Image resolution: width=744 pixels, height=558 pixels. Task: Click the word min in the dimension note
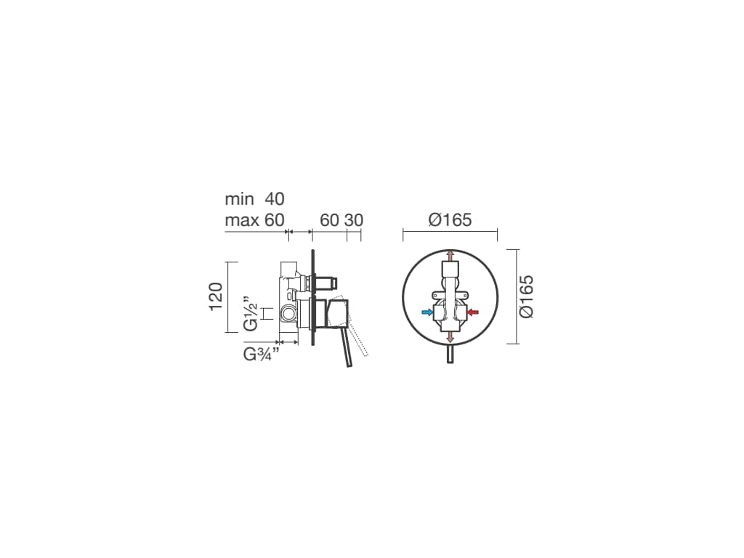[240, 199]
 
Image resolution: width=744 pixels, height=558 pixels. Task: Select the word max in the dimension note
[242, 220]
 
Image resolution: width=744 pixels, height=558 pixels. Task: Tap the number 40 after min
[274, 199]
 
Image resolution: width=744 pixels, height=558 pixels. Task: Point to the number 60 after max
[274, 219]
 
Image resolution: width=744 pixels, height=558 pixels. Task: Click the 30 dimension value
[354, 220]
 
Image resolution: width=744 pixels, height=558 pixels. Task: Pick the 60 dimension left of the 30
[329, 220]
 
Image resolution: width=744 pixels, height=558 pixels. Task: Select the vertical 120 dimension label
[216, 296]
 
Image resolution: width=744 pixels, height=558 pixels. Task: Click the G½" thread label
[250, 314]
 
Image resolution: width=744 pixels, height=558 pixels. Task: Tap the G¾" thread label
[261, 355]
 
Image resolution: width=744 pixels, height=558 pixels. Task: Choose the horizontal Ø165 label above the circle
[450, 219]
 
